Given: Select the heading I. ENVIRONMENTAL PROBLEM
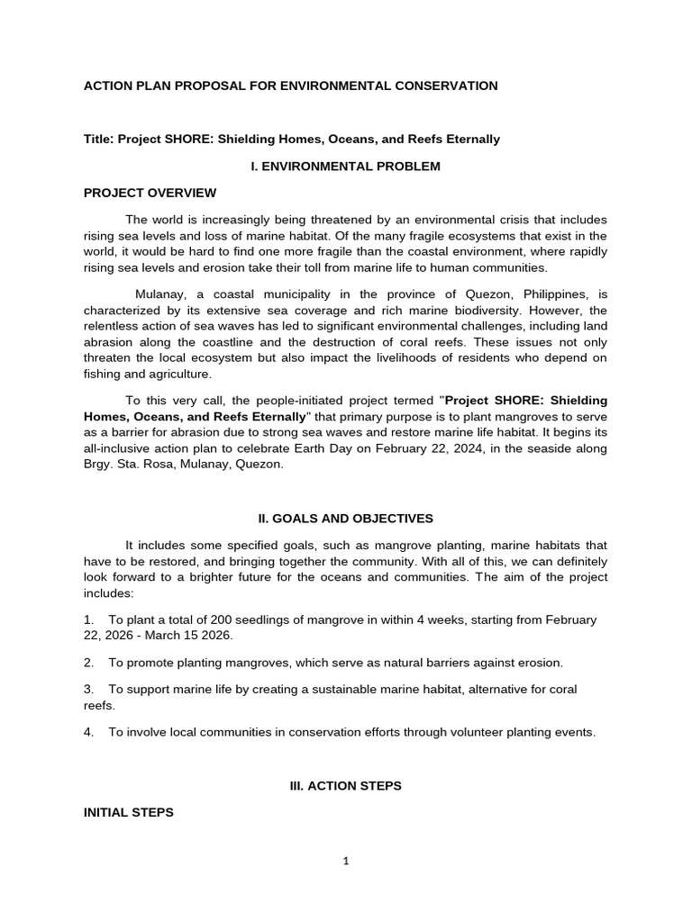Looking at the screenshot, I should (345, 167).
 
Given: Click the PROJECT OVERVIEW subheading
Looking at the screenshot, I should (150, 193).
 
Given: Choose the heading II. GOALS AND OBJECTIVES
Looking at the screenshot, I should (345, 519).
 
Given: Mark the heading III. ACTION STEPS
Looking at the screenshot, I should (345, 786).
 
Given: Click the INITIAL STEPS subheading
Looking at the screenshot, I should (129, 812).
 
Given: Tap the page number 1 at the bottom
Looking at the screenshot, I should (346, 861).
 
